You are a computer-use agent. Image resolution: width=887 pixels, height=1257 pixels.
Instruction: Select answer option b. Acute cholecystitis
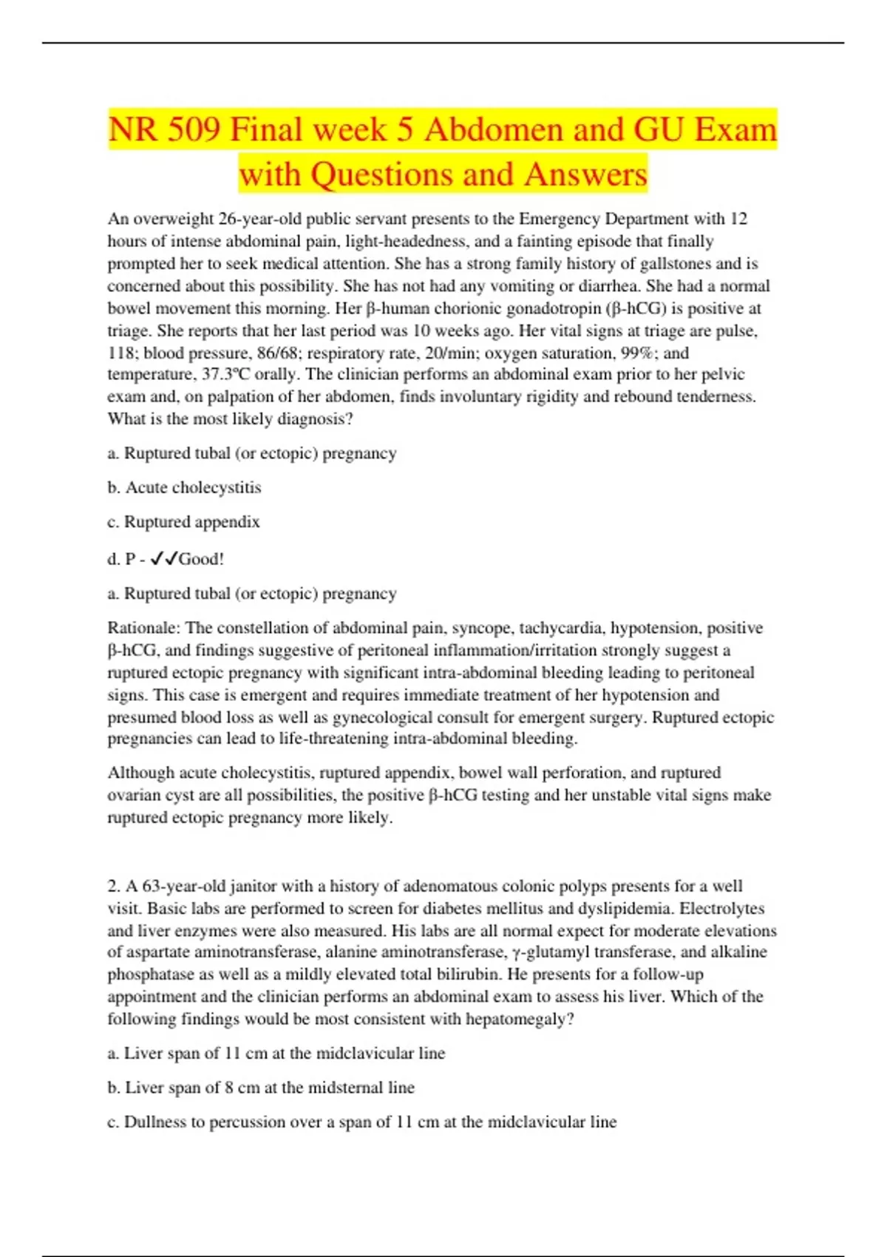[184, 488]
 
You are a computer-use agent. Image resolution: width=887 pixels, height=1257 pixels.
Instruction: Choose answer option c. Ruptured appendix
[184, 522]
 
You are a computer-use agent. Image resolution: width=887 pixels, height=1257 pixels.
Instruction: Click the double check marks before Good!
[163, 559]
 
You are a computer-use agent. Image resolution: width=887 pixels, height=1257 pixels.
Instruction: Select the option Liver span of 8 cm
[262, 1088]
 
